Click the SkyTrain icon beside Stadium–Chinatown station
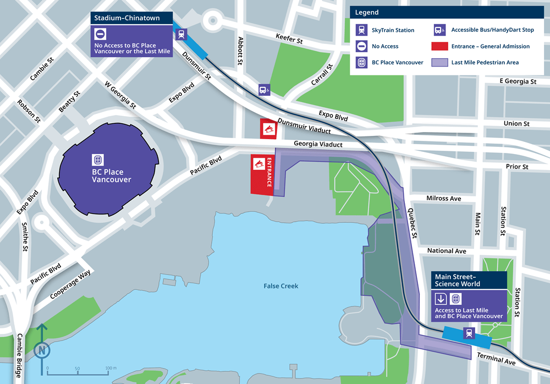click(181, 34)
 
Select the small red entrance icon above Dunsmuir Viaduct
click(269, 129)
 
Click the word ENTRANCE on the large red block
click(269, 173)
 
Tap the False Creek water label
click(280, 286)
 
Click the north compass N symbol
click(42, 349)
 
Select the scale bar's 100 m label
click(110, 367)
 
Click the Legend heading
click(367, 12)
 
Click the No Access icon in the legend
click(362, 46)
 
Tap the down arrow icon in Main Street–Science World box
click(441, 299)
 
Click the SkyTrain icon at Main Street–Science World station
click(469, 333)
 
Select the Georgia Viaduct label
click(318, 145)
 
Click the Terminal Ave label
click(497, 359)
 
